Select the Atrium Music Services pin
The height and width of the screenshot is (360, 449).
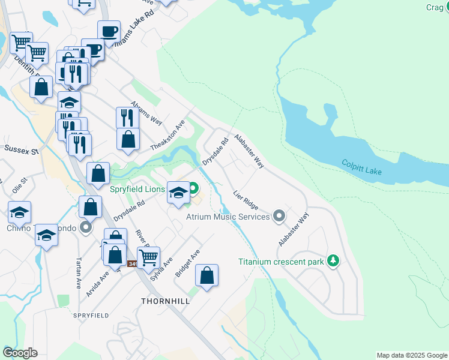[x=279, y=215]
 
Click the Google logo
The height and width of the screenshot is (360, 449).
[x=20, y=353]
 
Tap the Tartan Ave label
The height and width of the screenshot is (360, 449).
[x=78, y=274]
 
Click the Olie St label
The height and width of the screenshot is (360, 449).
[x=20, y=184]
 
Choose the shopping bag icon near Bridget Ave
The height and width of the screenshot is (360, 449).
[x=206, y=275]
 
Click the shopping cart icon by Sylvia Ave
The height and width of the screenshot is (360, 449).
[x=148, y=257]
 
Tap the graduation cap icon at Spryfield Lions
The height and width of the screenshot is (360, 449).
[x=178, y=193]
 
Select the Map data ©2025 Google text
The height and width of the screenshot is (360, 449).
[x=411, y=355]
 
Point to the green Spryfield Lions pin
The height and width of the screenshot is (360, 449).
[x=193, y=189]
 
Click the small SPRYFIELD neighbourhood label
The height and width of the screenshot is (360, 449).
[x=91, y=315]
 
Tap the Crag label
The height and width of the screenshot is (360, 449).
[x=434, y=7]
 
